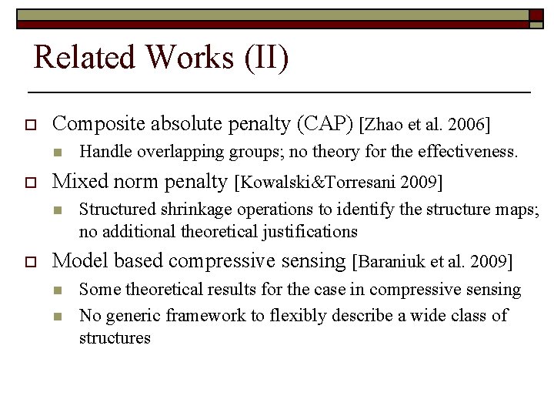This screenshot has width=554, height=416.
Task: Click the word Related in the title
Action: point(85,58)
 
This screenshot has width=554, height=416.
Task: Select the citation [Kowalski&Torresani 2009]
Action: point(339,182)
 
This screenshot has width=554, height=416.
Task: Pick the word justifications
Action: point(310,230)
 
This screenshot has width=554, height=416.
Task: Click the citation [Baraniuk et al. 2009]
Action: point(432,262)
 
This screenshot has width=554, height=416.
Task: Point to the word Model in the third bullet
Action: point(77,261)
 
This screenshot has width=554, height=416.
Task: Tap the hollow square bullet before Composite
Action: point(32,124)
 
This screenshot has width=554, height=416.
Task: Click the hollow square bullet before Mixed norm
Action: point(32,183)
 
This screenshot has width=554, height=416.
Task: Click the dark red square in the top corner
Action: point(536,15)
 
